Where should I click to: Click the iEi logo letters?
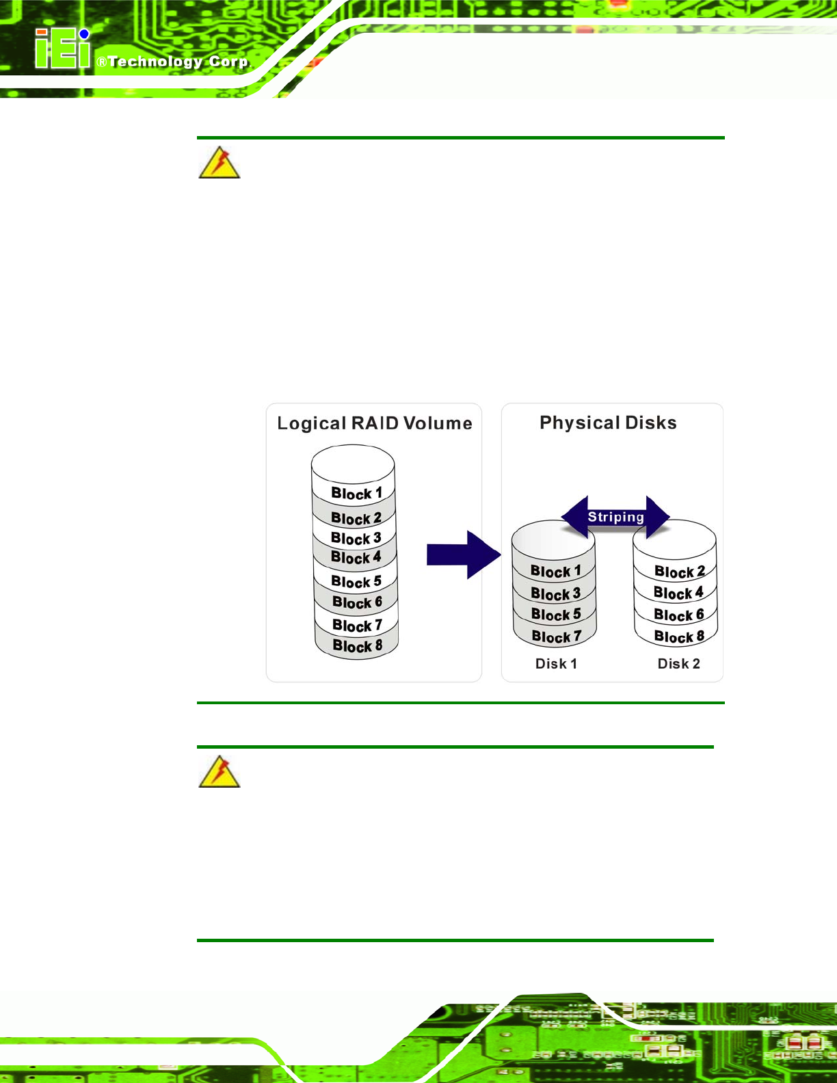[x=63, y=48]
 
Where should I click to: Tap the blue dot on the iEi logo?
[x=84, y=34]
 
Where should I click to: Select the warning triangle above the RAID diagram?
[x=220, y=163]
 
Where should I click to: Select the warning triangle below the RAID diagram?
[x=220, y=771]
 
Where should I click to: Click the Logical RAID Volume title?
[x=374, y=423]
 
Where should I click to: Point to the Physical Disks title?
[x=608, y=423]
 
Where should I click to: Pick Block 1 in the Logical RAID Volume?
[x=356, y=494]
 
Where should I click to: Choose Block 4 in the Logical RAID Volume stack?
[x=356, y=557]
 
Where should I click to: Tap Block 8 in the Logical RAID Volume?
[x=358, y=646]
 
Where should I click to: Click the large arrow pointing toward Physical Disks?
[x=464, y=554]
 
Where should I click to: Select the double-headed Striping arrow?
[x=615, y=517]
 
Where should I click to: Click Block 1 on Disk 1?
[x=555, y=571]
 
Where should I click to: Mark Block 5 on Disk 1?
[x=556, y=615]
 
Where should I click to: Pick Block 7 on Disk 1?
[x=557, y=637]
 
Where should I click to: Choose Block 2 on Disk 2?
[x=680, y=572]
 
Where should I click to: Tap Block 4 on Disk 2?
[x=678, y=593]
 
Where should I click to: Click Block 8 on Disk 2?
[x=679, y=637]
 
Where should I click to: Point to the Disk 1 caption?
[x=556, y=664]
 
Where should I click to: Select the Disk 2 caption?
[x=678, y=664]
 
